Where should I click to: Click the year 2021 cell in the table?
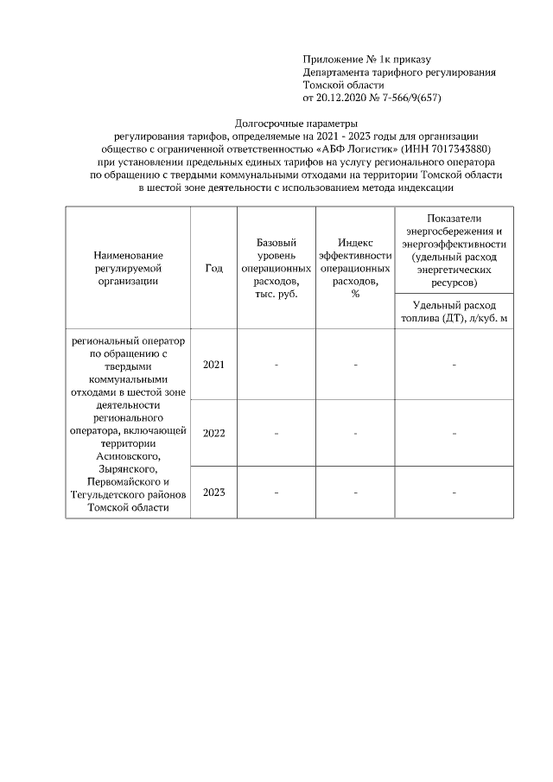[x=213, y=365]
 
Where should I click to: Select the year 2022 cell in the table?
[x=213, y=432]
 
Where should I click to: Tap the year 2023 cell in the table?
[x=213, y=493]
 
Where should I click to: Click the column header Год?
[x=213, y=268]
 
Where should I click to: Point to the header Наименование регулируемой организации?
[x=129, y=268]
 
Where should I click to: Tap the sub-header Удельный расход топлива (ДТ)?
[x=454, y=312]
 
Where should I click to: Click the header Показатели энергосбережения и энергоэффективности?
[x=454, y=249]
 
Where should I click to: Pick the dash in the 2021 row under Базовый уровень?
[x=276, y=365]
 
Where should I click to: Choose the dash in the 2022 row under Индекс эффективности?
[x=355, y=432]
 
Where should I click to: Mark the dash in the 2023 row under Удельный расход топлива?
[x=454, y=493]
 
